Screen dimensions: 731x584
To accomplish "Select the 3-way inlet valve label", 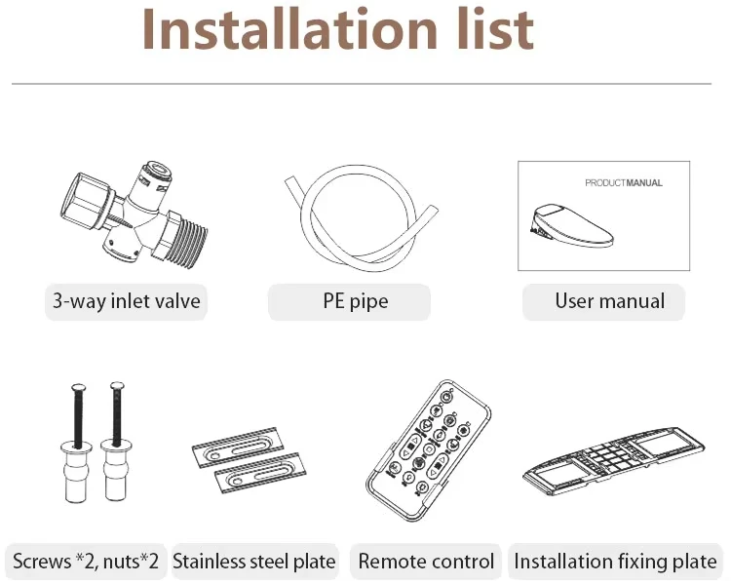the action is point(126,301).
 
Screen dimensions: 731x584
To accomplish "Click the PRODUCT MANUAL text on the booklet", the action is point(623,182).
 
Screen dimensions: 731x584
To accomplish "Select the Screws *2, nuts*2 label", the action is point(85,562).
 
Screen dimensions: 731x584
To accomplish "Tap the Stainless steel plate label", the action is point(253,562).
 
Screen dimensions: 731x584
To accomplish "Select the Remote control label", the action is point(426,562).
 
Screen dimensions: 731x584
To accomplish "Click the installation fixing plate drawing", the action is point(613,457).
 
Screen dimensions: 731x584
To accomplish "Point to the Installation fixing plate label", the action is point(615,562).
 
